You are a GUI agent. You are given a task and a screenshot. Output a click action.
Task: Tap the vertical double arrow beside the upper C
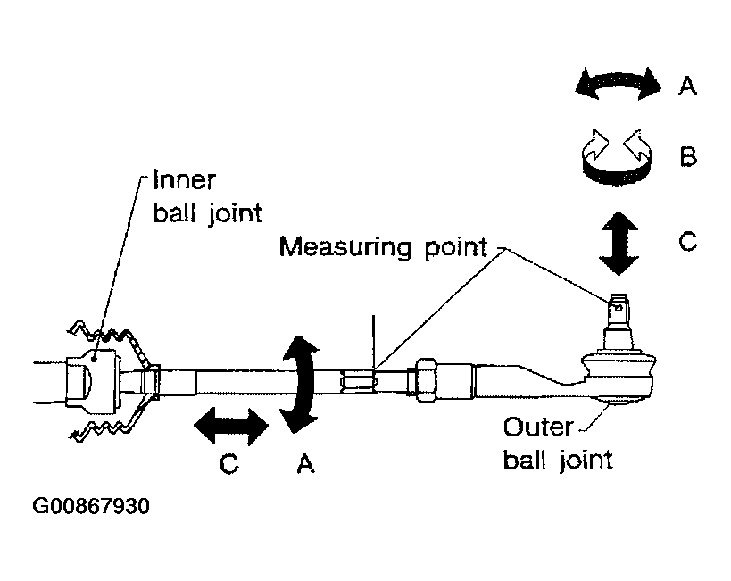coord(619,243)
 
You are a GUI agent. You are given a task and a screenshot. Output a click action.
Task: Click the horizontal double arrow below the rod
coord(231,426)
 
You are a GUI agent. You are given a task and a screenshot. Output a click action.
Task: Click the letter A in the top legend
coord(687,87)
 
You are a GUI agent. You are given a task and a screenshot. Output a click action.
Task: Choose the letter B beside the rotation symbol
coord(688,157)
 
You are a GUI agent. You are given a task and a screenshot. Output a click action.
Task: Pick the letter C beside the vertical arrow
coord(688,242)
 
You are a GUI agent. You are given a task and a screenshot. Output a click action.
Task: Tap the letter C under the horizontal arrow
coord(228,464)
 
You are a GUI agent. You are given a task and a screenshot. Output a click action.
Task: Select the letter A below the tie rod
coord(305,463)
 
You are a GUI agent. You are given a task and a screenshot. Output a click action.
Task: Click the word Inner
coord(185,180)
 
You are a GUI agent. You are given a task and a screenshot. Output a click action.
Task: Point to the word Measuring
coord(346,247)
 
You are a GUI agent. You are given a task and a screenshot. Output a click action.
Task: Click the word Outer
coord(538,427)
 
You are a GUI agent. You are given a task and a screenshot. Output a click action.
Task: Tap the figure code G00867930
coord(91,506)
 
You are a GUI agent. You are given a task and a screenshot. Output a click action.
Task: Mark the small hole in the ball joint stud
coord(619,308)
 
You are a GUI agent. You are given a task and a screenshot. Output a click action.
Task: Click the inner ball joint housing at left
coord(92,381)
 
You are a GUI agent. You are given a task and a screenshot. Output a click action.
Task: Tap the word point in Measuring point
coord(455,248)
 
